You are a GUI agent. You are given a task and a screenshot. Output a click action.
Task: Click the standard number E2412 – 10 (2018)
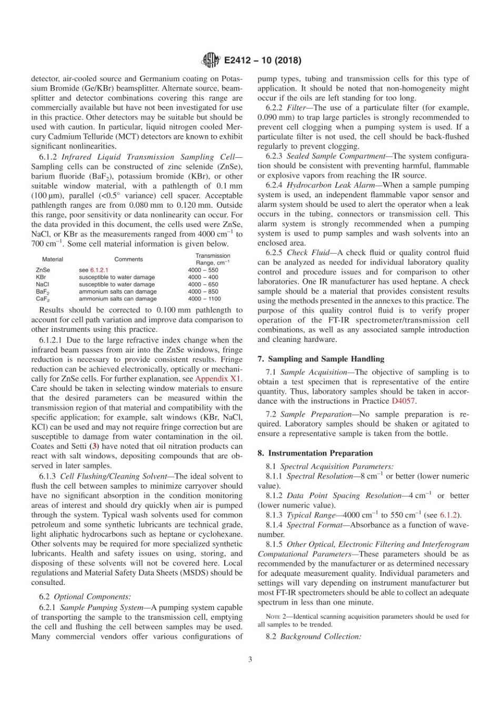click(262, 60)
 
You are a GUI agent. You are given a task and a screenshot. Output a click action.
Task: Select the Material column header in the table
click(53, 259)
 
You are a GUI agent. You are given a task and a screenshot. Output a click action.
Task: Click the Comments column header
click(128, 259)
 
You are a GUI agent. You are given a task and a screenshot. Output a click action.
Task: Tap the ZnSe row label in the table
click(43, 270)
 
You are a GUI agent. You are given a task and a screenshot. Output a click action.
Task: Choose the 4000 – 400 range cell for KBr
click(203, 277)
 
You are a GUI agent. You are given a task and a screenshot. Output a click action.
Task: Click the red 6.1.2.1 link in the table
click(98, 270)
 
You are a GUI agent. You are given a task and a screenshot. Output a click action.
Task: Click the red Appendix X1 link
click(218, 379)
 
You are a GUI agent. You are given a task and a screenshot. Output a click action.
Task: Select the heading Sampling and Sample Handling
click(326, 359)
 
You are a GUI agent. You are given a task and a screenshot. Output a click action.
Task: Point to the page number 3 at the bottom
click(250, 660)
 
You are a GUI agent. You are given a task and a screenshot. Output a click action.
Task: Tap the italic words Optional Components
click(92, 597)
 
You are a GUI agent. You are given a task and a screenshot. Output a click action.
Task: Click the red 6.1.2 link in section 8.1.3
click(449, 516)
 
